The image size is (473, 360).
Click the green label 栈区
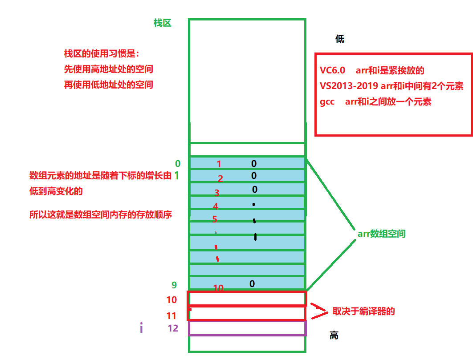point(162,23)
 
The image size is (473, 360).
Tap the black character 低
point(340,39)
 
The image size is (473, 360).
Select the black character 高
point(334,336)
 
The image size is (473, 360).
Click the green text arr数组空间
point(381,234)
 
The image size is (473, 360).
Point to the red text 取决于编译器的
point(364,311)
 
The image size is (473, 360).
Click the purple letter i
point(141,329)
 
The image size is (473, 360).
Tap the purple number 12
point(173,328)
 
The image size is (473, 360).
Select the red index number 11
point(171,316)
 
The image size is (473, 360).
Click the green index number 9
point(174,285)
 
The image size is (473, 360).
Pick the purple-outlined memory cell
point(247,328)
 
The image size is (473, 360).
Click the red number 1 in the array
point(219,164)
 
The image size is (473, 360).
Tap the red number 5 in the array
point(215,219)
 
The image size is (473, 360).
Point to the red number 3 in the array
point(217,193)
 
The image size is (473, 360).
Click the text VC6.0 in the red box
point(332,70)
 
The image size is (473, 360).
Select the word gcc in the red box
point(327,101)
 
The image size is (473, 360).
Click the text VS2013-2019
point(348,86)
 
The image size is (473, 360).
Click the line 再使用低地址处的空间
point(109,84)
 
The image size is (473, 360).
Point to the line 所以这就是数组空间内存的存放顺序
point(101,214)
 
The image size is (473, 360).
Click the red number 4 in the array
point(216,206)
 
